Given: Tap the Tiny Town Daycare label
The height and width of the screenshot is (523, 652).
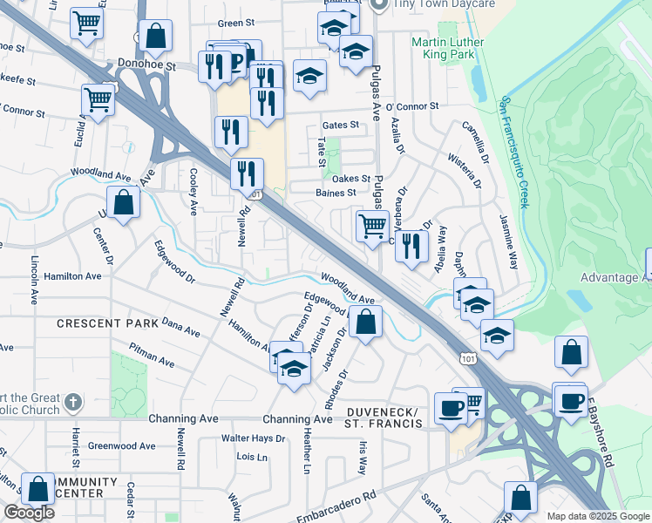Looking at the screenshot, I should tap(444, 4).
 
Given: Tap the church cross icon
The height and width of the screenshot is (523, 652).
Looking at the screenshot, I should tap(73, 404).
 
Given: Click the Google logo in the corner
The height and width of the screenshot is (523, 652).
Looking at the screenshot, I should tap(29, 513).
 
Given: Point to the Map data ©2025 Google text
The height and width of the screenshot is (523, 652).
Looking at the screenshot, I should tap(597, 516).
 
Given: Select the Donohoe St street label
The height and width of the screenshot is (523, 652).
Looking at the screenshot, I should tap(146, 65).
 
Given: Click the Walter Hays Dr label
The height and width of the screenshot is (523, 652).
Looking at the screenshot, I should tap(253, 438).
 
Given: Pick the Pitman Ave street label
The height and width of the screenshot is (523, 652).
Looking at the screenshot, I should tap(152, 357).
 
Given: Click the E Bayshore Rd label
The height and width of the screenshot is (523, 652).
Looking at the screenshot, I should tap(599, 439).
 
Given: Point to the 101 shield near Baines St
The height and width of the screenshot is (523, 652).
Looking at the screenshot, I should tap(254, 195).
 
